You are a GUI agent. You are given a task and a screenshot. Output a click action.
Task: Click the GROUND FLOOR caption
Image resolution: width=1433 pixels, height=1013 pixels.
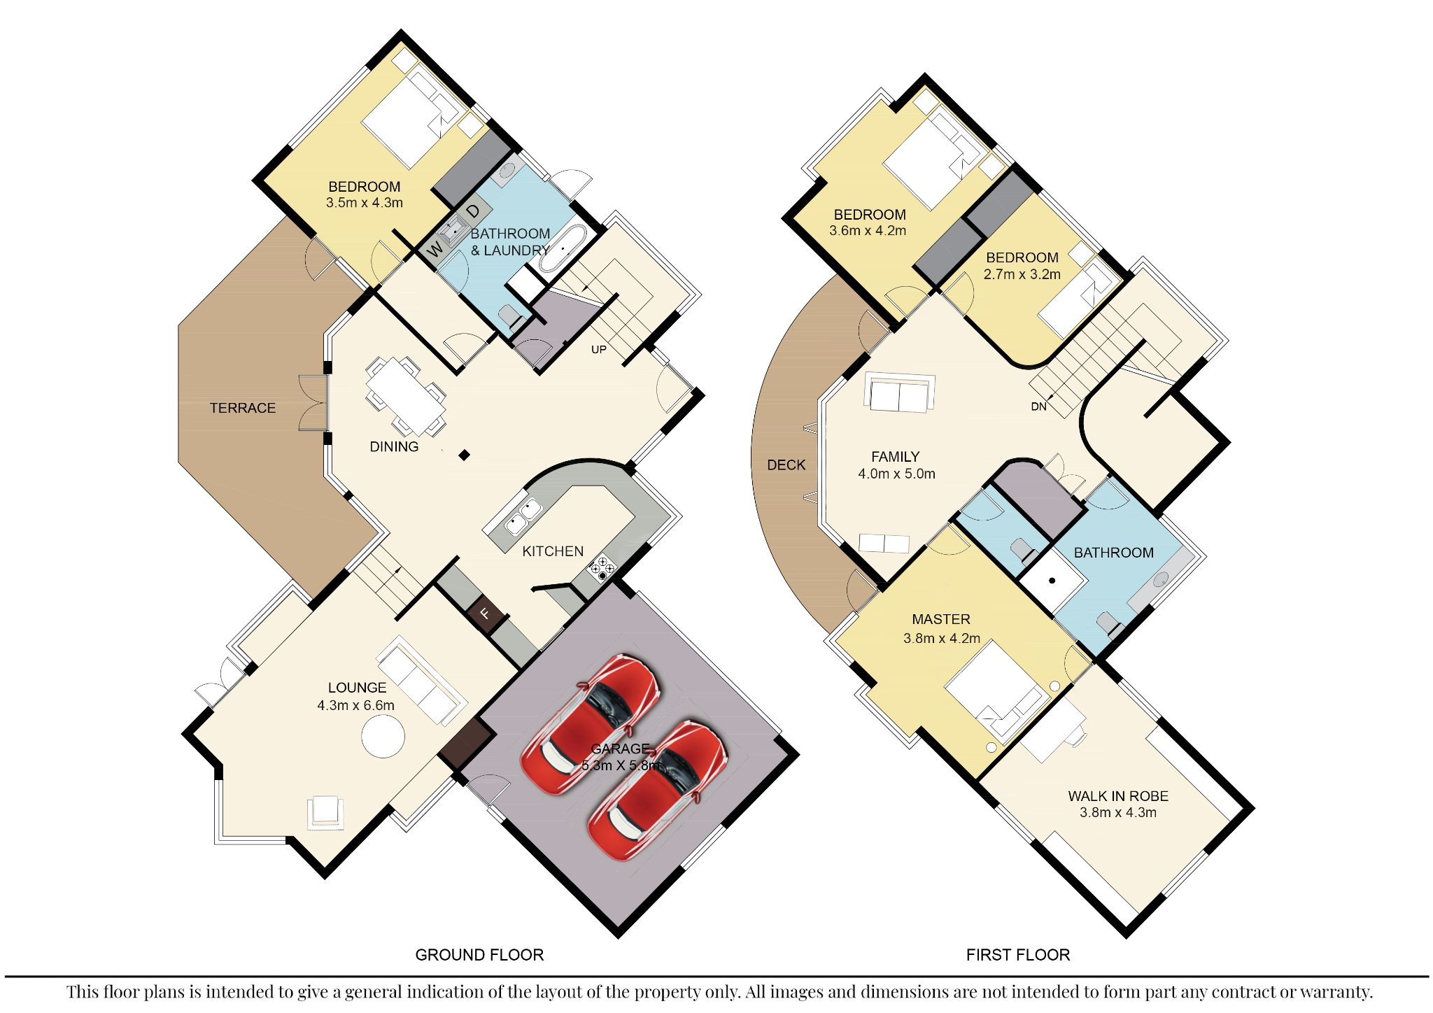tap(479, 955)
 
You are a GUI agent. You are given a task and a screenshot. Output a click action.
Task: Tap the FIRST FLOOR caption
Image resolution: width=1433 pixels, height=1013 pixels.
tap(1018, 955)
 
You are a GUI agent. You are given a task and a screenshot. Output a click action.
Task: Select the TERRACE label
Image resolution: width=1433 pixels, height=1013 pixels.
tap(243, 408)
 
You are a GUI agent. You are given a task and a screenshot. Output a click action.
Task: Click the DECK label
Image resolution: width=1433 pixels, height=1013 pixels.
tap(786, 465)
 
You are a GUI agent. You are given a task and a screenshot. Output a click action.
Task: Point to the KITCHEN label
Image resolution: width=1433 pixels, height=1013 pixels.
tap(553, 551)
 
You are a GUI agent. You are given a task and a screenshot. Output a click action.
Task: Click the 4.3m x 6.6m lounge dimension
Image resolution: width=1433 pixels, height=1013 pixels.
tap(356, 705)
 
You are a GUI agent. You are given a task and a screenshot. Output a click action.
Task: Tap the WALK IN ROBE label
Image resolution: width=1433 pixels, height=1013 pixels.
tap(1118, 796)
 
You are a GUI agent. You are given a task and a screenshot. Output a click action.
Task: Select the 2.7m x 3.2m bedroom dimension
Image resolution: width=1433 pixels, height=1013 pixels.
tap(1022, 274)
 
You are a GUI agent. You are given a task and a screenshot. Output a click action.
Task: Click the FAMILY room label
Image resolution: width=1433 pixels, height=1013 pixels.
tap(896, 457)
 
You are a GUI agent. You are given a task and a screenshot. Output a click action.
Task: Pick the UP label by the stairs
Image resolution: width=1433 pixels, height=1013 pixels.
tap(599, 350)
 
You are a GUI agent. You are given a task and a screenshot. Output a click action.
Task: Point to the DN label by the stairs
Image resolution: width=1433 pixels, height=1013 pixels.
tap(1038, 406)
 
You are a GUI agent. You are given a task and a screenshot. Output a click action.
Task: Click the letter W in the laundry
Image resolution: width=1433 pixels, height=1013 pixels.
tap(435, 248)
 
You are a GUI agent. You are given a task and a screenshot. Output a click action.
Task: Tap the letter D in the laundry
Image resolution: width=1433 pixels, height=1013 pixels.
tap(474, 211)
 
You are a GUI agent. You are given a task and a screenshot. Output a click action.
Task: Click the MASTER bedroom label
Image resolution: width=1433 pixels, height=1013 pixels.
tap(941, 619)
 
